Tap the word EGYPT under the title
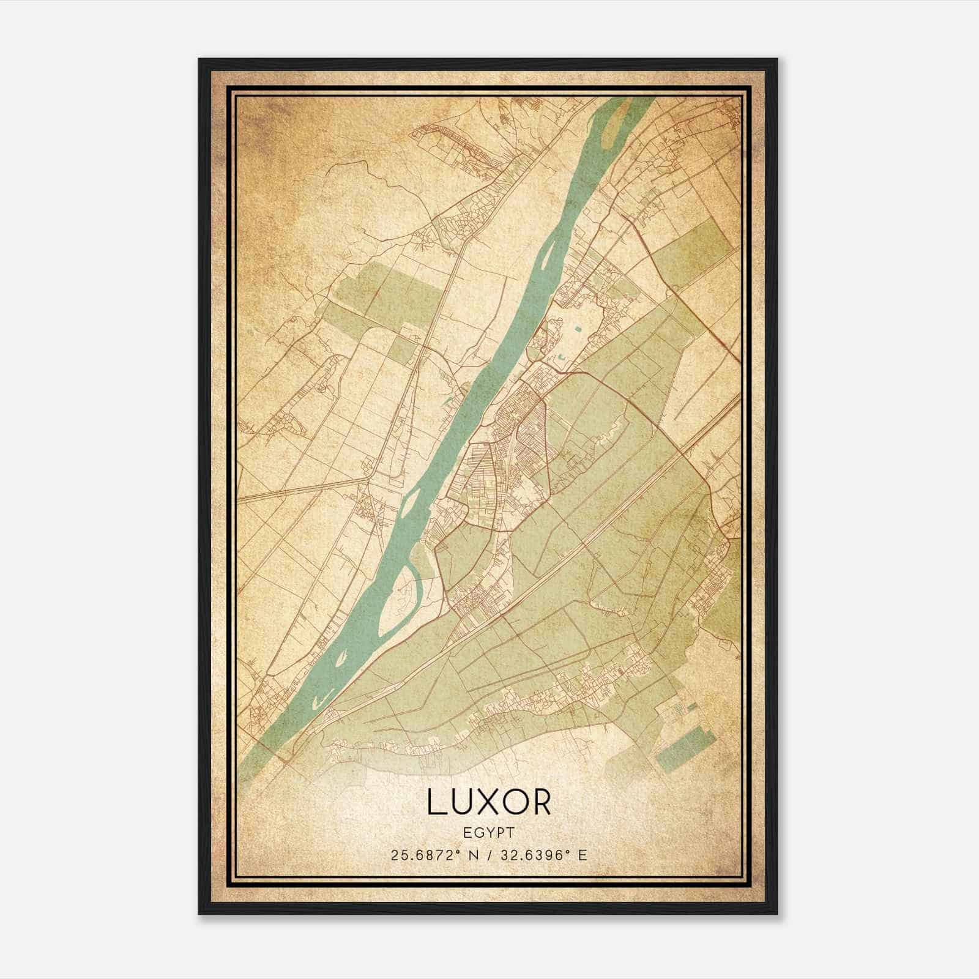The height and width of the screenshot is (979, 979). (489, 833)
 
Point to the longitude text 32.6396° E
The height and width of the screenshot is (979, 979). (543, 855)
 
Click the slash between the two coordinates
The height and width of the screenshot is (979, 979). (489, 855)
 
